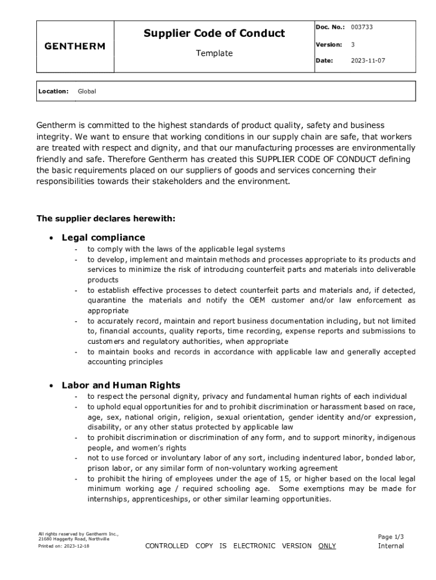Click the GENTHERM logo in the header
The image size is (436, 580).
point(75,46)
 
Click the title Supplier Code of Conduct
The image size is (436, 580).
point(214,33)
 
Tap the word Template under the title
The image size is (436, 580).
point(214,53)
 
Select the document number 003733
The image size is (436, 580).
point(361,27)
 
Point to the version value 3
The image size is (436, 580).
point(353,44)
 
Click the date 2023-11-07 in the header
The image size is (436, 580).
point(367,61)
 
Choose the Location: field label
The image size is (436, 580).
point(53,91)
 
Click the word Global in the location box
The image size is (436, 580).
point(87,91)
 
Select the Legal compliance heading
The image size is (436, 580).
point(103,237)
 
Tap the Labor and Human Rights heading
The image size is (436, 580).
point(121,385)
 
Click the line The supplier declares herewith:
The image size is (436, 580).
point(106,218)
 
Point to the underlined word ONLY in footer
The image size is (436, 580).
point(327,545)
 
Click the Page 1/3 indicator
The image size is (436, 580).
point(391,536)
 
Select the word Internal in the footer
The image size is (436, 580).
point(391,546)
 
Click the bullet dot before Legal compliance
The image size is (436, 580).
point(52,238)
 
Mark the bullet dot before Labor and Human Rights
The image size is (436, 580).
point(52,386)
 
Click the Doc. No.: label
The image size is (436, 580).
point(330,27)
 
